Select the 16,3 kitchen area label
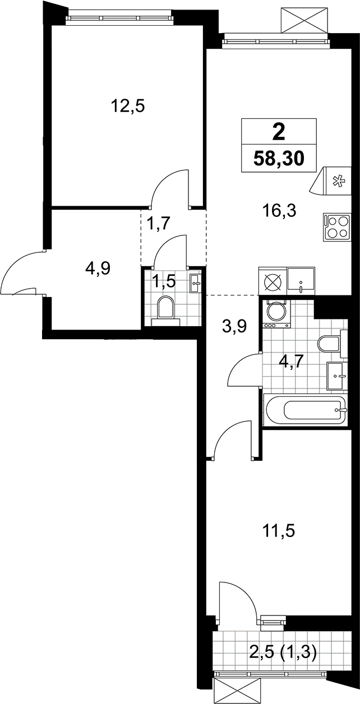(x=279, y=211)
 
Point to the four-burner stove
(x=336, y=228)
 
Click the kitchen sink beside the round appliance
(x=301, y=281)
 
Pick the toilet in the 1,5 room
(x=165, y=310)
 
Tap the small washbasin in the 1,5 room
(x=196, y=283)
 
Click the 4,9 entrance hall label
(x=97, y=268)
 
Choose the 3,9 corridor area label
(x=234, y=327)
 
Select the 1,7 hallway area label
(x=159, y=224)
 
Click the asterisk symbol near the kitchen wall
(x=338, y=182)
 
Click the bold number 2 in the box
(x=279, y=132)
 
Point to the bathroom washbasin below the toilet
(x=337, y=376)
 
